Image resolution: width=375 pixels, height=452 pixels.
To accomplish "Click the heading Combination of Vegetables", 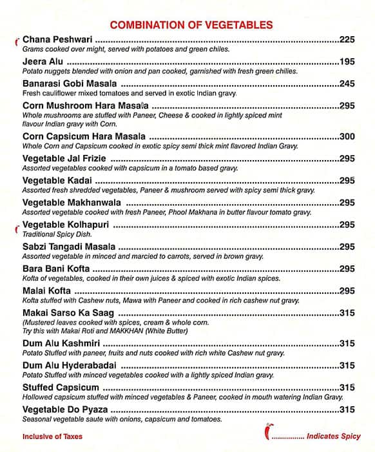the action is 191,25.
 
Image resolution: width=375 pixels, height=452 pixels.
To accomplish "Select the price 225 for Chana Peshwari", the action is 347,40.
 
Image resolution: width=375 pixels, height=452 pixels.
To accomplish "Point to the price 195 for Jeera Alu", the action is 347,62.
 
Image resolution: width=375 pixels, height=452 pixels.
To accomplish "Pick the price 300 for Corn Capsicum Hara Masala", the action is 347,137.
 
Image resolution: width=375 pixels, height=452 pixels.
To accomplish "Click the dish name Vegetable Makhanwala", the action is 69,203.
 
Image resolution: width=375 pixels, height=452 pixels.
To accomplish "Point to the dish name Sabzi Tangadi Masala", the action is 69,247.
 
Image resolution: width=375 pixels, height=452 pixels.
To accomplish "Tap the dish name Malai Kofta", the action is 46,291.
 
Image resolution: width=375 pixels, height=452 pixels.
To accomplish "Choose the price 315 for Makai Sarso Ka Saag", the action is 347,313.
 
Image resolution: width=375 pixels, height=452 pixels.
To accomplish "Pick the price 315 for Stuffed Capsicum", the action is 347,387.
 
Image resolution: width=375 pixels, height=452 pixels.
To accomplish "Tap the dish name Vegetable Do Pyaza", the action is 65,409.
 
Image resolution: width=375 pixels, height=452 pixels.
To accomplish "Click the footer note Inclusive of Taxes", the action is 52,437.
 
